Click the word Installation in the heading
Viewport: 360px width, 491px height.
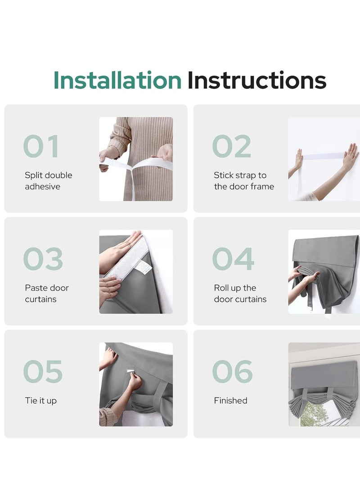117,80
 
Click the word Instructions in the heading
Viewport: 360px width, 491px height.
256,80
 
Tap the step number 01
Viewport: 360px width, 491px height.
41,146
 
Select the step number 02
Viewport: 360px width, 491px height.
232,146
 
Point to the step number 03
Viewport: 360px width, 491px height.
43,259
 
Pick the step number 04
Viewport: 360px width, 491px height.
233,259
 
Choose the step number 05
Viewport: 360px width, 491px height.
43,371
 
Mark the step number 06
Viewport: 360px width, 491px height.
233,371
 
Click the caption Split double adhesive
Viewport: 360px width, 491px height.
49,180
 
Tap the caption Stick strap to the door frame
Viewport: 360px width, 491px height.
244,180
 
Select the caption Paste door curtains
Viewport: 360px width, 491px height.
47,293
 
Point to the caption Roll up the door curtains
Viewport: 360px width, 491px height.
240,293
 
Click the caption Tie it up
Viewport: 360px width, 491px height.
40,401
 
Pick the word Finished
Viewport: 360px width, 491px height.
231,400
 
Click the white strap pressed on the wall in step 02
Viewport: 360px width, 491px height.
323,156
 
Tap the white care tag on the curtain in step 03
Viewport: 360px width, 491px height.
143,267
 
